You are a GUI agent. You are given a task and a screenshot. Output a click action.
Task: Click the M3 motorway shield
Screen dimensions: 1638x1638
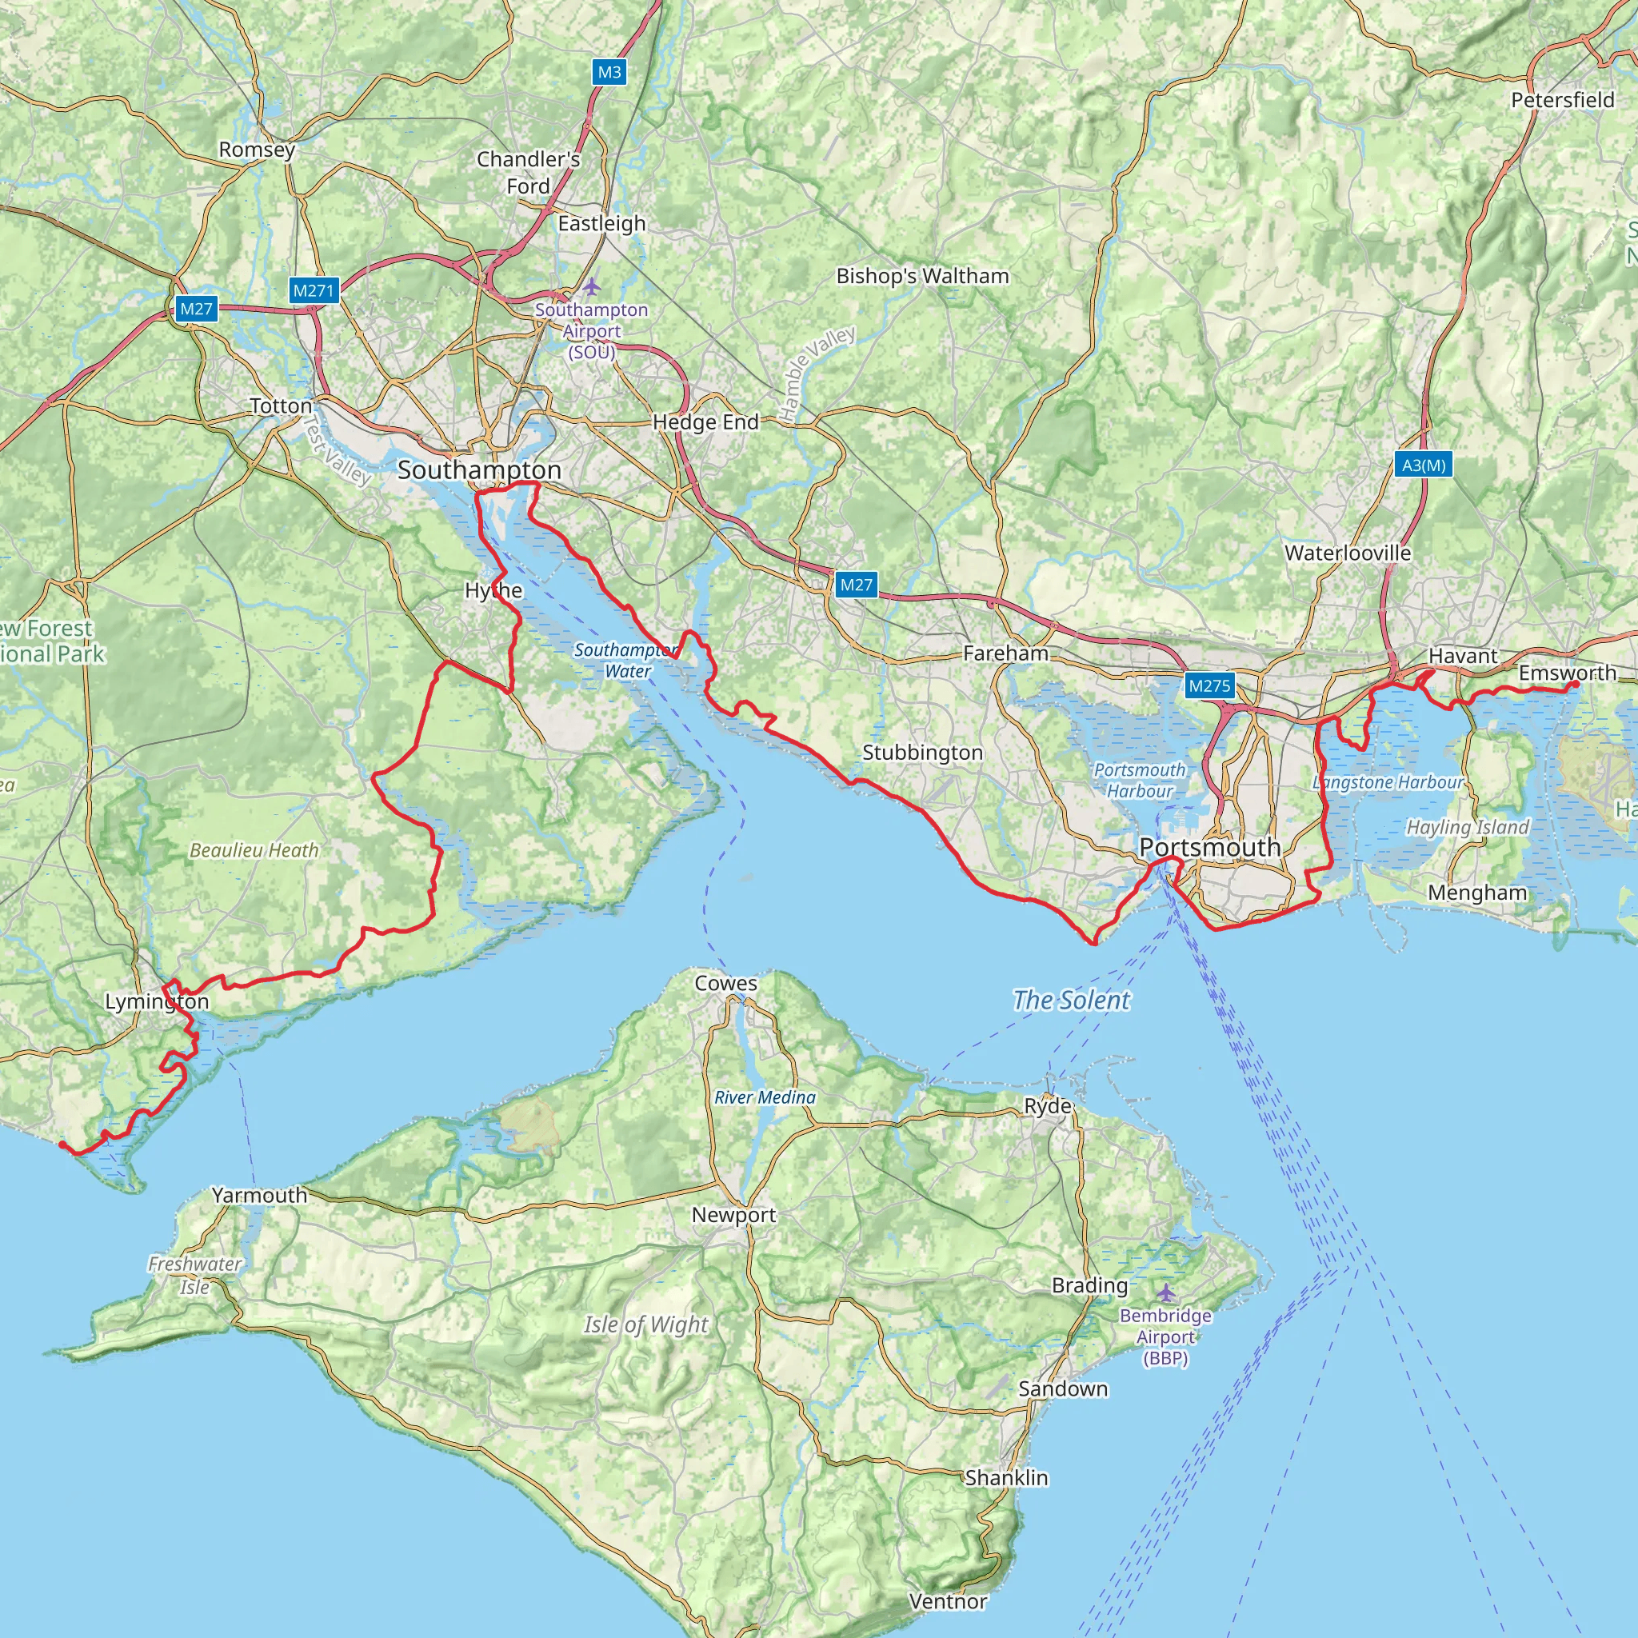click(x=609, y=72)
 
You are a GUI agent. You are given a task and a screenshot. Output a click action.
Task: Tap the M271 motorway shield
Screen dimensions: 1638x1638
click(x=314, y=290)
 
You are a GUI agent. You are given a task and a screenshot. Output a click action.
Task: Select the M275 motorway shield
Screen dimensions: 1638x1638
click(x=1209, y=685)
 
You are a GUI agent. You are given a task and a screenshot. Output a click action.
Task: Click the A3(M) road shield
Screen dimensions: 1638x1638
click(x=1424, y=465)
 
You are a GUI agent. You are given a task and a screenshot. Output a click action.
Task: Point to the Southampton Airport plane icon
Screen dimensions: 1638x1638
click(x=591, y=286)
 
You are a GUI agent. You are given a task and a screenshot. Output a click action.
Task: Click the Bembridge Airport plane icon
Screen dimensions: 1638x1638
click(x=1167, y=1292)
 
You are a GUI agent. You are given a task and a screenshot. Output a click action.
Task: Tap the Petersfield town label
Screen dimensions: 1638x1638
click(x=1563, y=100)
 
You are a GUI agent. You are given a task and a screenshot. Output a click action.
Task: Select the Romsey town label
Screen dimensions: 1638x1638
click(x=257, y=150)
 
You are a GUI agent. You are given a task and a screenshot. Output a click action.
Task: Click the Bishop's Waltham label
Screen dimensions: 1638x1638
click(x=922, y=276)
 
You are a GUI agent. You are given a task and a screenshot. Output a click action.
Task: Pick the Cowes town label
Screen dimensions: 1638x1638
click(x=725, y=983)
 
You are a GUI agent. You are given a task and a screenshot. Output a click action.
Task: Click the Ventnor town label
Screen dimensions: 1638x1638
click(x=948, y=1600)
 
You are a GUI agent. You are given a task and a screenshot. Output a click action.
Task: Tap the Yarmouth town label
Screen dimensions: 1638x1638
click(x=259, y=1195)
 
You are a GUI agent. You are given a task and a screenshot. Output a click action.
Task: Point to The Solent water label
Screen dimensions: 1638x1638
click(x=1072, y=1000)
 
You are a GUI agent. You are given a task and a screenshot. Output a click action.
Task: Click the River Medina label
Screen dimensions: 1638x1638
click(x=765, y=1097)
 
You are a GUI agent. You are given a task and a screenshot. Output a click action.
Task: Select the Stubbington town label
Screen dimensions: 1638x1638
click(x=922, y=752)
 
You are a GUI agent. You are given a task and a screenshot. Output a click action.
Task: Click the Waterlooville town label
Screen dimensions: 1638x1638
click(x=1347, y=553)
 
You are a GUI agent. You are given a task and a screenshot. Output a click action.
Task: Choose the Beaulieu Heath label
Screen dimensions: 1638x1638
click(x=254, y=849)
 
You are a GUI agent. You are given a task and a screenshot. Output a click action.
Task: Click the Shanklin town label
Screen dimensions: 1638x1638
click(x=1006, y=1478)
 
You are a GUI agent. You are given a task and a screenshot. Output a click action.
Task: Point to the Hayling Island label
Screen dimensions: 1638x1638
click(x=1468, y=827)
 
